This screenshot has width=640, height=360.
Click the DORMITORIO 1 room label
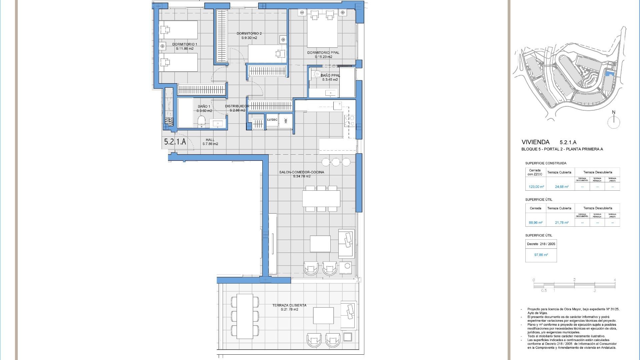click(x=185, y=44)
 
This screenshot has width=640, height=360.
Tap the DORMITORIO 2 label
click(x=249, y=34)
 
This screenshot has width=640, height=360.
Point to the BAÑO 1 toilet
click(x=201, y=120)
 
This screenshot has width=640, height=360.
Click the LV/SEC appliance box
click(x=272, y=120)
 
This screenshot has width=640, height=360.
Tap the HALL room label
click(x=210, y=140)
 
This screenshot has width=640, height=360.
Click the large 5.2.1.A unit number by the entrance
click(x=175, y=142)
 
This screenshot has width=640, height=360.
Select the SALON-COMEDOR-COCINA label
click(x=301, y=172)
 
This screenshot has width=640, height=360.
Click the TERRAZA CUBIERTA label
click(x=289, y=305)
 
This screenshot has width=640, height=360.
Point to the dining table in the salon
click(x=321, y=199)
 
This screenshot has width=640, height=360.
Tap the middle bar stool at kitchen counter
click(x=336, y=162)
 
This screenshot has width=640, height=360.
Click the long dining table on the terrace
click(x=245, y=316)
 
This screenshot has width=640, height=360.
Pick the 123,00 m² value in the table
click(x=536, y=187)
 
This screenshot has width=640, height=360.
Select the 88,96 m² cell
click(x=536, y=223)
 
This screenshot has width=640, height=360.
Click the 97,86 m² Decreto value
click(x=541, y=255)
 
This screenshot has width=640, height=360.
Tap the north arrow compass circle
click(x=613, y=123)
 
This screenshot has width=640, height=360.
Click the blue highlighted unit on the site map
click(x=610, y=74)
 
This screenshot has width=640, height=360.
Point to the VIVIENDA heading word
click(x=535, y=142)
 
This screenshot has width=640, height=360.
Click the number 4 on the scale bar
click(x=615, y=280)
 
